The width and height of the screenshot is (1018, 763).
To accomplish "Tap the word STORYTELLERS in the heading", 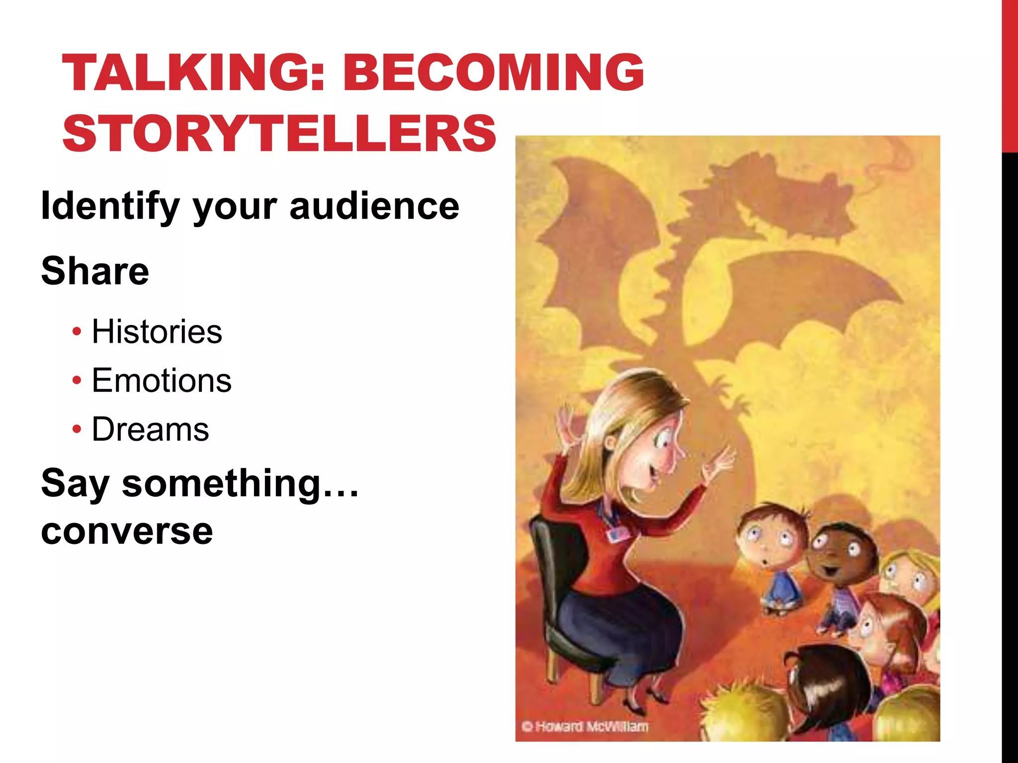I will [x=279, y=133].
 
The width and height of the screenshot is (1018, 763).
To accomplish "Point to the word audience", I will [x=374, y=206].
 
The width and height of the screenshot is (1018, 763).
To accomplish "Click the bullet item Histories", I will [x=157, y=331].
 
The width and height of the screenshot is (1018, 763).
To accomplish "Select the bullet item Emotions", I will [x=162, y=381].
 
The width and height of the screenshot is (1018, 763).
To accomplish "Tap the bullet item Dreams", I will [x=150, y=429].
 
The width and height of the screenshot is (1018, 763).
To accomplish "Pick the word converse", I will [x=127, y=531].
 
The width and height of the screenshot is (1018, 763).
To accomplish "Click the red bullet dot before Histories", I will [x=76, y=331].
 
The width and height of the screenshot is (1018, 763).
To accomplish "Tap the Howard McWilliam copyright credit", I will [x=585, y=726].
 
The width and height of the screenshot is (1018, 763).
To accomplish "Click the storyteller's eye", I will [x=665, y=440].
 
